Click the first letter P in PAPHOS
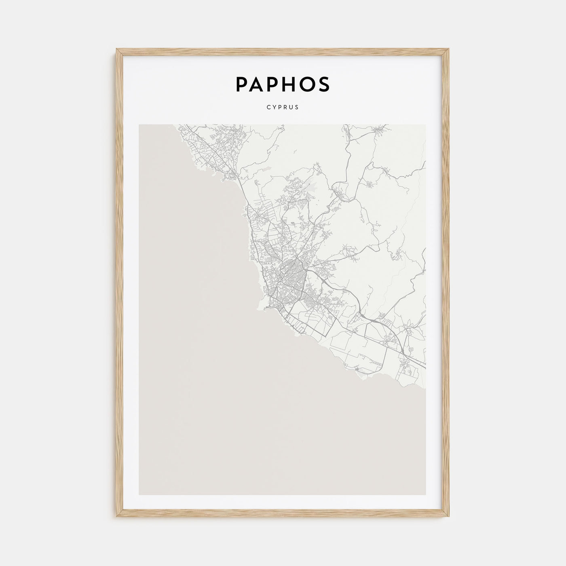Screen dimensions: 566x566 (242, 84)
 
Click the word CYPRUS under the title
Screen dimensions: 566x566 (283, 108)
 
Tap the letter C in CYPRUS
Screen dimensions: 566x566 (268, 108)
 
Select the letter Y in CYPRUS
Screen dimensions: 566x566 (274, 108)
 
